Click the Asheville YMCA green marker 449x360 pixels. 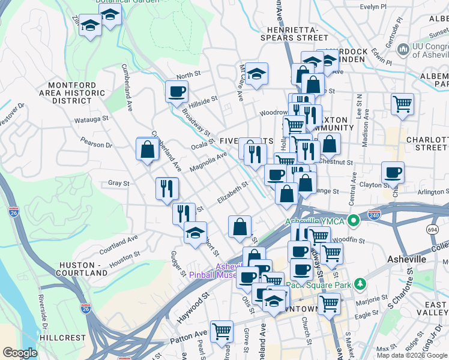pos(354,221)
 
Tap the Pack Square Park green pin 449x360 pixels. pos(360,283)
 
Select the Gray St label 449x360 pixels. pos(119,183)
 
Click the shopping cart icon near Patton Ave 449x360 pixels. pos(222,331)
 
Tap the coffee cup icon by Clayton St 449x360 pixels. pos(393,173)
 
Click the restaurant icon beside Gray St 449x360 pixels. pos(167,188)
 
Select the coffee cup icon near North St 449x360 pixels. pos(176,92)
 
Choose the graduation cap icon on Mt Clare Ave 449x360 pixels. pos(256,74)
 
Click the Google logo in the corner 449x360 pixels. pos(20,353)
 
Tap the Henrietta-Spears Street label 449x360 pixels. pos(294,33)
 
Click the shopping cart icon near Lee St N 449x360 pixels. pos(402,104)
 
